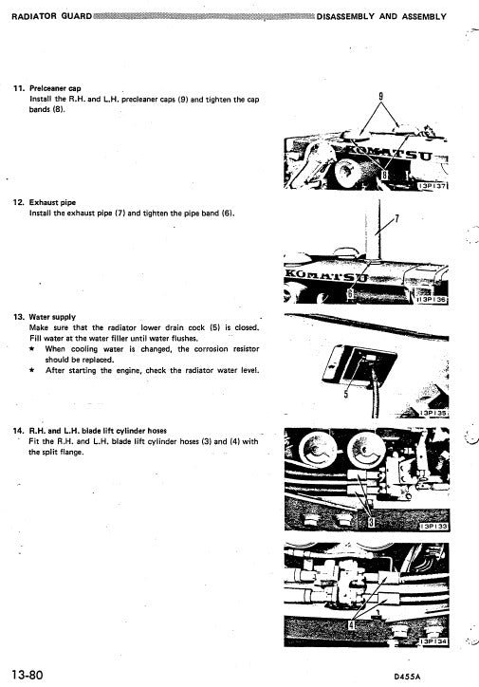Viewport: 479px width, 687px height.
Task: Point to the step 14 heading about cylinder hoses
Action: click(x=104, y=430)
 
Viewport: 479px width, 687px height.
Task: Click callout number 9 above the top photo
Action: click(x=380, y=97)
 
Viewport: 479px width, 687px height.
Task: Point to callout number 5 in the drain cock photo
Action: click(x=346, y=396)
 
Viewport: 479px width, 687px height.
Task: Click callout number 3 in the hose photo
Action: click(x=373, y=521)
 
